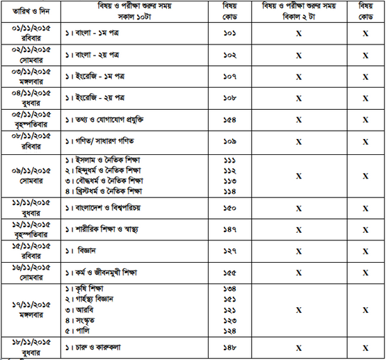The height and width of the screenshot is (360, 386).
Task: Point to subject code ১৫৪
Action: coord(230,120)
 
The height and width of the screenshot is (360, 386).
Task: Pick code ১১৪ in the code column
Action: coord(230,190)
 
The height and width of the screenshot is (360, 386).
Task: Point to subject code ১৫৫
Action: coord(230,272)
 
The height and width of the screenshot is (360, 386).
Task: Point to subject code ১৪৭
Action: coord(230,229)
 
